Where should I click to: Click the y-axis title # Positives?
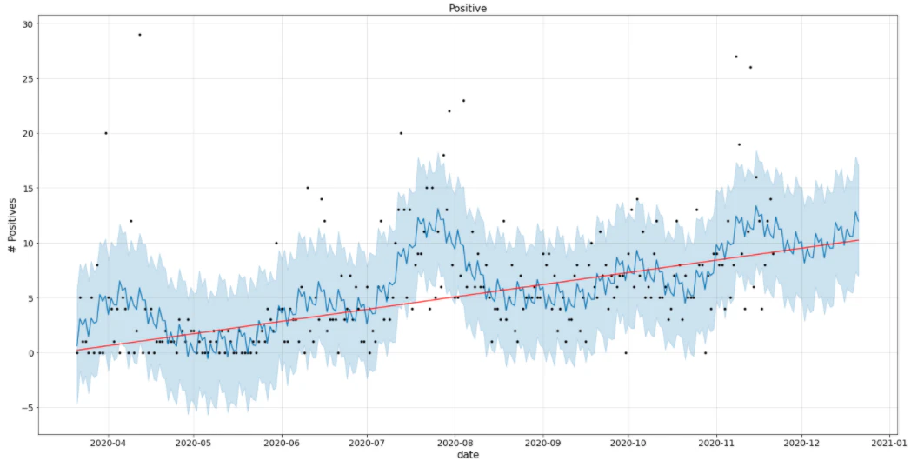[x=12, y=225]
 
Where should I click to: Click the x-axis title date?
[x=468, y=455]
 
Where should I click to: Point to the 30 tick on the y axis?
[x=27, y=23]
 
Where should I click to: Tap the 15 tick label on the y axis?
[x=27, y=189]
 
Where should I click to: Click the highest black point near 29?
[x=139, y=35]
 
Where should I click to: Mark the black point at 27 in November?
[x=736, y=57]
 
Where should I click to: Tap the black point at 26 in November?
[x=751, y=68]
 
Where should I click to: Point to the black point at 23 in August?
[x=463, y=101]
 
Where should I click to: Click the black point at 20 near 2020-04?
[x=106, y=133]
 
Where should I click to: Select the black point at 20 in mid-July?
[x=401, y=133]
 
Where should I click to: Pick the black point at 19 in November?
[x=739, y=144]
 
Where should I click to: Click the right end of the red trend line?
[x=858, y=240]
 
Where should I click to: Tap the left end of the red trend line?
[x=76, y=350]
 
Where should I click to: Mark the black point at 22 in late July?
[x=449, y=111]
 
